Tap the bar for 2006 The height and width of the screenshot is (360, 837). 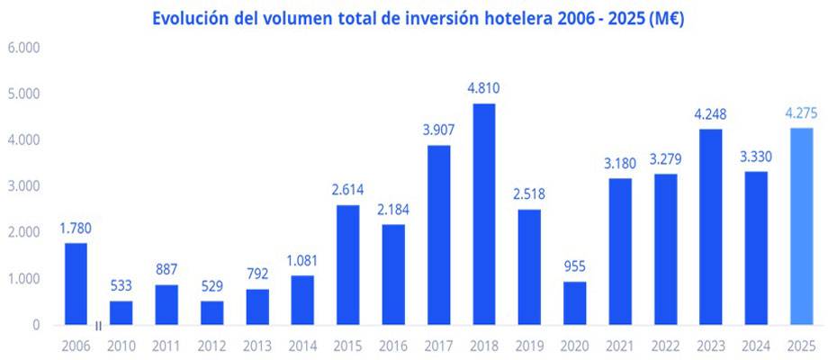76,283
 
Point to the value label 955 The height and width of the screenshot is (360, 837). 573,266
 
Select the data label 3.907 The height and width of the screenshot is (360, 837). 438,130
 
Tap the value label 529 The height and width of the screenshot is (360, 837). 211,286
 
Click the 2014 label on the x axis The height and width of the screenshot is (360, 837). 302,344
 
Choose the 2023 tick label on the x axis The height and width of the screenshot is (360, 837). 710,344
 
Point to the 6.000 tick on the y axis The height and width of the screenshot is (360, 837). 24,47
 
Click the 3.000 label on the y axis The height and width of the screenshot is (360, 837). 24,186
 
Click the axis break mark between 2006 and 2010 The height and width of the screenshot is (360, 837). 98,326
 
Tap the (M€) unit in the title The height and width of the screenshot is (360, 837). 663,18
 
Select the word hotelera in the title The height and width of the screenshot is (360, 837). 522,18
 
